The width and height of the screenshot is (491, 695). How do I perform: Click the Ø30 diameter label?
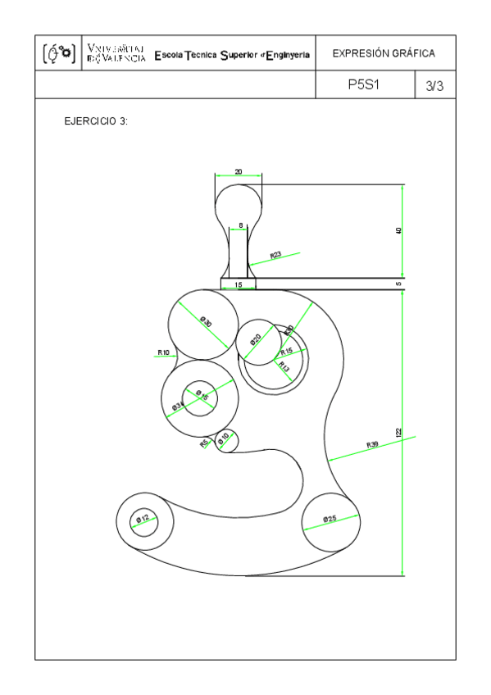[206, 323]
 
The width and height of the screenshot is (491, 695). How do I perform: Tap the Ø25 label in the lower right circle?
[330, 519]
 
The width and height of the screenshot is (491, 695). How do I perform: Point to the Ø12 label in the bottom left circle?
[143, 519]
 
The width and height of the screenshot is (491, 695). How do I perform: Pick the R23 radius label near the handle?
[275, 255]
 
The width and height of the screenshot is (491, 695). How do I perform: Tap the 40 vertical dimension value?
[398, 230]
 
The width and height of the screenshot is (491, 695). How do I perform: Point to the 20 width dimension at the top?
[238, 171]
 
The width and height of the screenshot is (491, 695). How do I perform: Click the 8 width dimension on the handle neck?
[240, 225]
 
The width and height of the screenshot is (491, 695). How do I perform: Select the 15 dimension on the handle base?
[239, 284]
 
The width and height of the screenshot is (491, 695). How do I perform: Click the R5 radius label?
[206, 443]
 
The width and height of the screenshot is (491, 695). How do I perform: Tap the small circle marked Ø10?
[225, 441]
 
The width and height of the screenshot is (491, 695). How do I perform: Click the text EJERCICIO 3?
[96, 121]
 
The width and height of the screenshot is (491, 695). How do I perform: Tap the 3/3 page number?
[434, 86]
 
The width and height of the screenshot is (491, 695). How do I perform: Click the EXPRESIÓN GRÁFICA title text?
[383, 54]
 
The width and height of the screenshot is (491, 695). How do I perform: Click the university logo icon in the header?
[58, 54]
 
